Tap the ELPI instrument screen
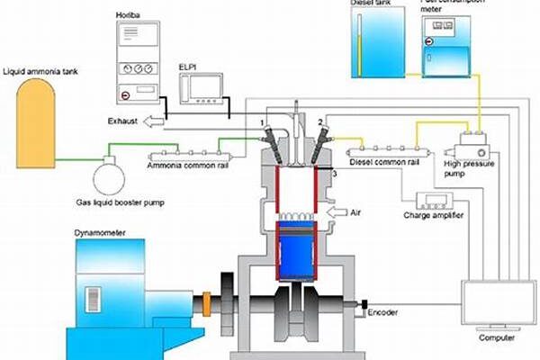point(202,88)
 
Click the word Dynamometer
point(102,233)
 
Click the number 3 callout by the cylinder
point(334,172)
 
